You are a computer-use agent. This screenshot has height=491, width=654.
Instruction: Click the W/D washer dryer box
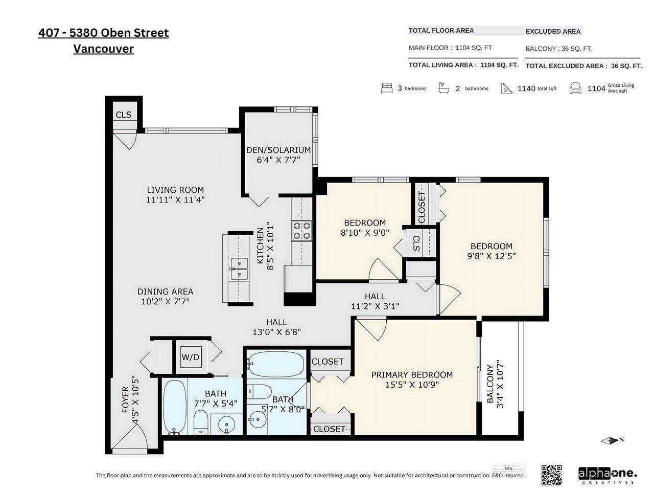[x=190, y=357]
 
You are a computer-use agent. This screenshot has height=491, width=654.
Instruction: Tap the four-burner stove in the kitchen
[x=302, y=231]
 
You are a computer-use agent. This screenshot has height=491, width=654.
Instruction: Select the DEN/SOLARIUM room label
[x=278, y=150]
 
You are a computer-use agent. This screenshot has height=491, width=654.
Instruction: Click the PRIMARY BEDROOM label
[x=412, y=375]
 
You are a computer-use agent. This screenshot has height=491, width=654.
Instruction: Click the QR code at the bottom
[x=551, y=475]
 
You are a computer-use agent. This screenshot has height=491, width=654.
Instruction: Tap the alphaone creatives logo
[x=608, y=476]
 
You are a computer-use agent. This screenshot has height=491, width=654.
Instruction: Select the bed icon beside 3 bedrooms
[x=386, y=88]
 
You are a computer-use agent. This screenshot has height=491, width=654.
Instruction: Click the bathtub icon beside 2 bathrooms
[x=443, y=88]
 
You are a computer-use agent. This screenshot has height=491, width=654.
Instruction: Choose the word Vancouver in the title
[x=103, y=49]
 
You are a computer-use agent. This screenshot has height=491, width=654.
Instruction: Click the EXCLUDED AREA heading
[x=553, y=31]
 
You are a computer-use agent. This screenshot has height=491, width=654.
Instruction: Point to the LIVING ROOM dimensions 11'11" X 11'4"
[x=175, y=199]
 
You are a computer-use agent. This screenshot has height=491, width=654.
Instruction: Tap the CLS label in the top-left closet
[x=123, y=115]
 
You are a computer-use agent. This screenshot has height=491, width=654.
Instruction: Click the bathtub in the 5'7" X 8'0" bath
[x=276, y=364]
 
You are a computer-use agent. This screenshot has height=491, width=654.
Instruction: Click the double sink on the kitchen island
[x=239, y=269]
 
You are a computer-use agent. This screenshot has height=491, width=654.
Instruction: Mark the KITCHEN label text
[x=260, y=245]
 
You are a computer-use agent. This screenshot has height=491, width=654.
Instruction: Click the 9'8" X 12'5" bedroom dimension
[x=492, y=256]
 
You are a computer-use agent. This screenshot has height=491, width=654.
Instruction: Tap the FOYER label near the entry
[x=126, y=400]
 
